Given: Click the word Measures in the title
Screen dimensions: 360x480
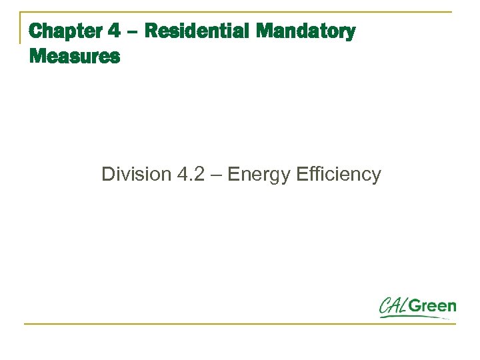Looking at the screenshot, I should click(75, 57).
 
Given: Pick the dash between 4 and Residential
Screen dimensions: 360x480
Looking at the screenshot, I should click(131, 32).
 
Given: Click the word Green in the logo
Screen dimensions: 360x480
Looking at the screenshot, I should click(433, 307).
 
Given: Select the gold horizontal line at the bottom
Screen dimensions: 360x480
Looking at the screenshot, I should click(240, 324).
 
